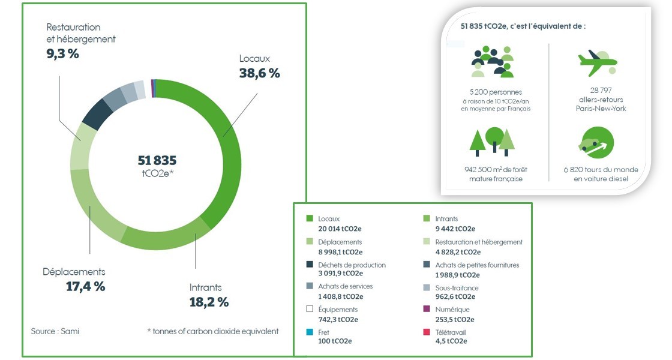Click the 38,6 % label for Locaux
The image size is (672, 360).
coord(259,73)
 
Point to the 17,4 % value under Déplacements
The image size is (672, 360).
coord(85,286)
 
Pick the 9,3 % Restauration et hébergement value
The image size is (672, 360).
coord(62,53)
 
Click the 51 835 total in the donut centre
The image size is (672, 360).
coord(157,161)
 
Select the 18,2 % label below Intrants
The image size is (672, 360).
coord(209,302)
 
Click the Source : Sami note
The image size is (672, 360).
coord(55,331)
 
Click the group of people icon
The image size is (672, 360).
coord(492,61)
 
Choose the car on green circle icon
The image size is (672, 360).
coord(598,143)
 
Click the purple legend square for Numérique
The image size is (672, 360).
coord(427,310)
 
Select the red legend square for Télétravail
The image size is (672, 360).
coord(427,332)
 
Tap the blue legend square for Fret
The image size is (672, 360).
coord(310,332)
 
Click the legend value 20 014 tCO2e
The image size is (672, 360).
coord(340,229)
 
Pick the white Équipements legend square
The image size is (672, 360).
coord(310,310)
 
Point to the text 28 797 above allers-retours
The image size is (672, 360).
coord(601,91)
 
